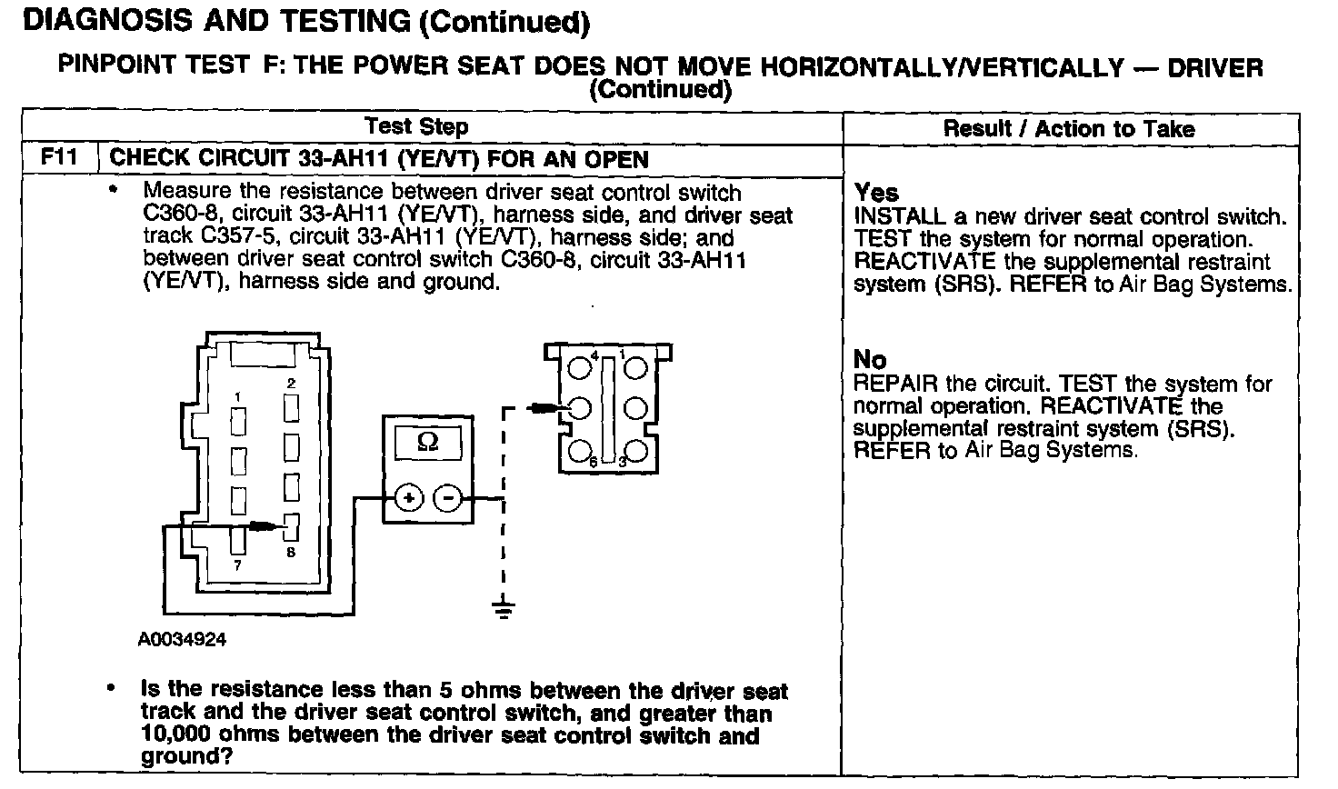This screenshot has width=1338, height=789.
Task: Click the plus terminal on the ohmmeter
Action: point(408,498)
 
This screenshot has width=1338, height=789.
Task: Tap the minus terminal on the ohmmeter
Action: point(446,498)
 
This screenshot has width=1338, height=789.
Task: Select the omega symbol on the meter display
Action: point(427,443)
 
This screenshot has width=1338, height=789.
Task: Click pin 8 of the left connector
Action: point(292,525)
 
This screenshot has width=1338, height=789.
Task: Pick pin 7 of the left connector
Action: point(238,539)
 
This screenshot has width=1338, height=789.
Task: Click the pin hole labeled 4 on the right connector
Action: point(580,367)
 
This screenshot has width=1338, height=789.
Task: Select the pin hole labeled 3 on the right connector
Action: point(636,450)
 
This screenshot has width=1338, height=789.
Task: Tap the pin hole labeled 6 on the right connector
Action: point(580,450)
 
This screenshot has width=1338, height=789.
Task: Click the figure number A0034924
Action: point(182,640)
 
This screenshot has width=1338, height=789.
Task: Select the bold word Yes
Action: point(876,193)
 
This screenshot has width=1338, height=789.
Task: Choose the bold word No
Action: point(870,360)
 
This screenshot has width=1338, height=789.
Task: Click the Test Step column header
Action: point(416,126)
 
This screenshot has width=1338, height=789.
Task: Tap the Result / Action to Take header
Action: point(1068,128)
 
